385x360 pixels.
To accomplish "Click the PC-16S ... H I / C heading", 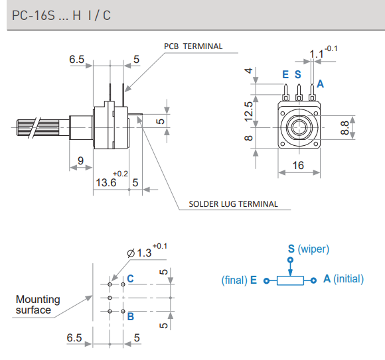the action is click(x=61, y=15).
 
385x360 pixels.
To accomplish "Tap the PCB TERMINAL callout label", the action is click(x=193, y=46).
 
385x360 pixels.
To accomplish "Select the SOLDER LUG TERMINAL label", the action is click(x=233, y=204).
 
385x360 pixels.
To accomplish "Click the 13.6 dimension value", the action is click(x=106, y=183).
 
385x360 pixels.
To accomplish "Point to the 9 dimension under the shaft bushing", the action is click(x=80, y=160).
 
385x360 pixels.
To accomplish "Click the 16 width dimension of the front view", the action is click(x=298, y=165).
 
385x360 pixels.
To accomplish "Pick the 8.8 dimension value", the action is click(x=345, y=127).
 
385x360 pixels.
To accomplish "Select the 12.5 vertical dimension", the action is click(x=248, y=111).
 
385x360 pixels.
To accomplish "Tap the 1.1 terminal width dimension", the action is click(x=317, y=54).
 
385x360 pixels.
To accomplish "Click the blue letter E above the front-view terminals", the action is click(x=285, y=74).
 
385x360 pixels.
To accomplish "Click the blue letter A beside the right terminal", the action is click(x=320, y=84).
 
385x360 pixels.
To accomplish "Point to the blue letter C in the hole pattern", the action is click(x=130, y=278).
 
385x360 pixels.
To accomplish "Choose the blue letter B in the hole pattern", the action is click(x=131, y=317).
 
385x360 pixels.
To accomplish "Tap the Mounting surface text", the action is click(x=38, y=304).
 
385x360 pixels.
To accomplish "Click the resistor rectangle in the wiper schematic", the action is click(x=290, y=280).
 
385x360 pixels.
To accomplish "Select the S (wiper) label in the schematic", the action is click(x=309, y=249).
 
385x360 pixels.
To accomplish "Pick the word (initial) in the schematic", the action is click(x=348, y=279).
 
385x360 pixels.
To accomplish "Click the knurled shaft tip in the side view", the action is click(x=26, y=127).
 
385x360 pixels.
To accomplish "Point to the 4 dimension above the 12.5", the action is click(x=248, y=71).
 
